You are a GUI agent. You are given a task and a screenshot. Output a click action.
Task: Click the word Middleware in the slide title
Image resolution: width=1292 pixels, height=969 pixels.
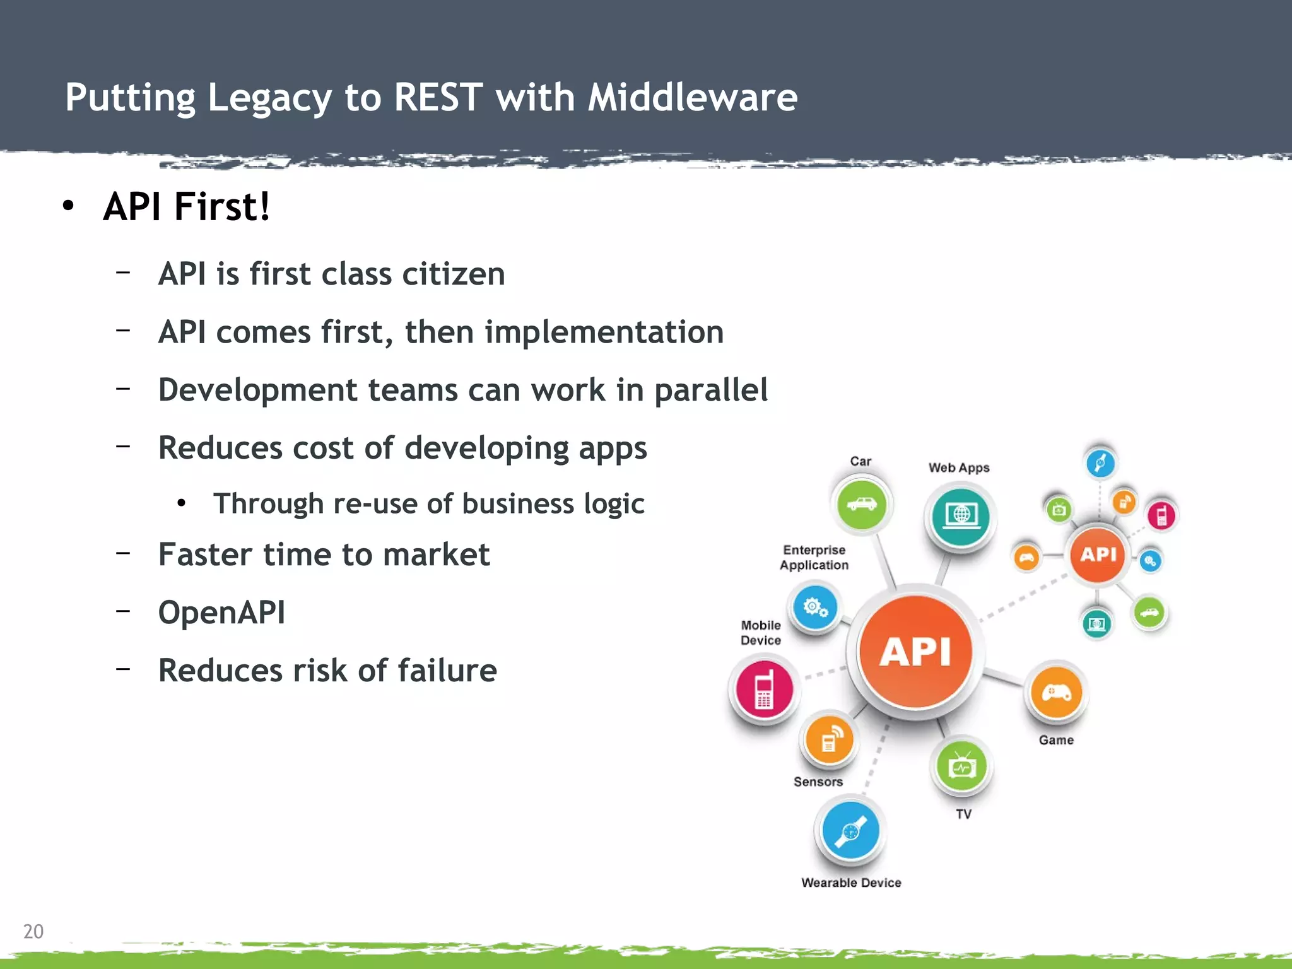(692, 98)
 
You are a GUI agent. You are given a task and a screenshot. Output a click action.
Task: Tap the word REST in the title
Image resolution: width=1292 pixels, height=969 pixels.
(438, 98)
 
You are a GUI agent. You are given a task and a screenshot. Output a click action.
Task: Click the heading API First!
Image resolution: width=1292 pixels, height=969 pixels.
(187, 207)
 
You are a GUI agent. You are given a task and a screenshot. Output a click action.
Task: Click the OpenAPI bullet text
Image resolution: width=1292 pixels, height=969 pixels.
(221, 613)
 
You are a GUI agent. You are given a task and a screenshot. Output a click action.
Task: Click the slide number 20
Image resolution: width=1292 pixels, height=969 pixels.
(33, 931)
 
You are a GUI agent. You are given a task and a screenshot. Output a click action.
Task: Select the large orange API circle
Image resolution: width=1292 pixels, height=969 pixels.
(915, 651)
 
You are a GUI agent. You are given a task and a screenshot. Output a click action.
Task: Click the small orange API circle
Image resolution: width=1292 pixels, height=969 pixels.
(1098, 555)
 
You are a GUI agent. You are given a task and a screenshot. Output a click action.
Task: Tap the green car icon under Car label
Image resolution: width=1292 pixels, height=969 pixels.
(861, 505)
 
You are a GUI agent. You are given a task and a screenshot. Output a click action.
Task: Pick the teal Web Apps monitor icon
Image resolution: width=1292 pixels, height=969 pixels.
(961, 517)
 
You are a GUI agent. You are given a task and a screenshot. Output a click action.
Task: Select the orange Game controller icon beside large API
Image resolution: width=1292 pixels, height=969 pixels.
(1055, 693)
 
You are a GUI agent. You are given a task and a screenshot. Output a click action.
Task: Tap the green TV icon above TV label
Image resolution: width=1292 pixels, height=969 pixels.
(961, 767)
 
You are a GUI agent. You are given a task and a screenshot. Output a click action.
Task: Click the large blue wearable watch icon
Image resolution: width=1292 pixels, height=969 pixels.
(850, 831)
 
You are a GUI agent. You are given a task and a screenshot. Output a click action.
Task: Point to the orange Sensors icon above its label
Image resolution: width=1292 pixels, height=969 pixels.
(829, 741)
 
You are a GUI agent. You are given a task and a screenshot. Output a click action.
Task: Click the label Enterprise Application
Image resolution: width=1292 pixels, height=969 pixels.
(814, 558)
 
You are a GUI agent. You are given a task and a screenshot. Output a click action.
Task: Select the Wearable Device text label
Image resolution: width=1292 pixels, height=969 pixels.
(851, 883)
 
